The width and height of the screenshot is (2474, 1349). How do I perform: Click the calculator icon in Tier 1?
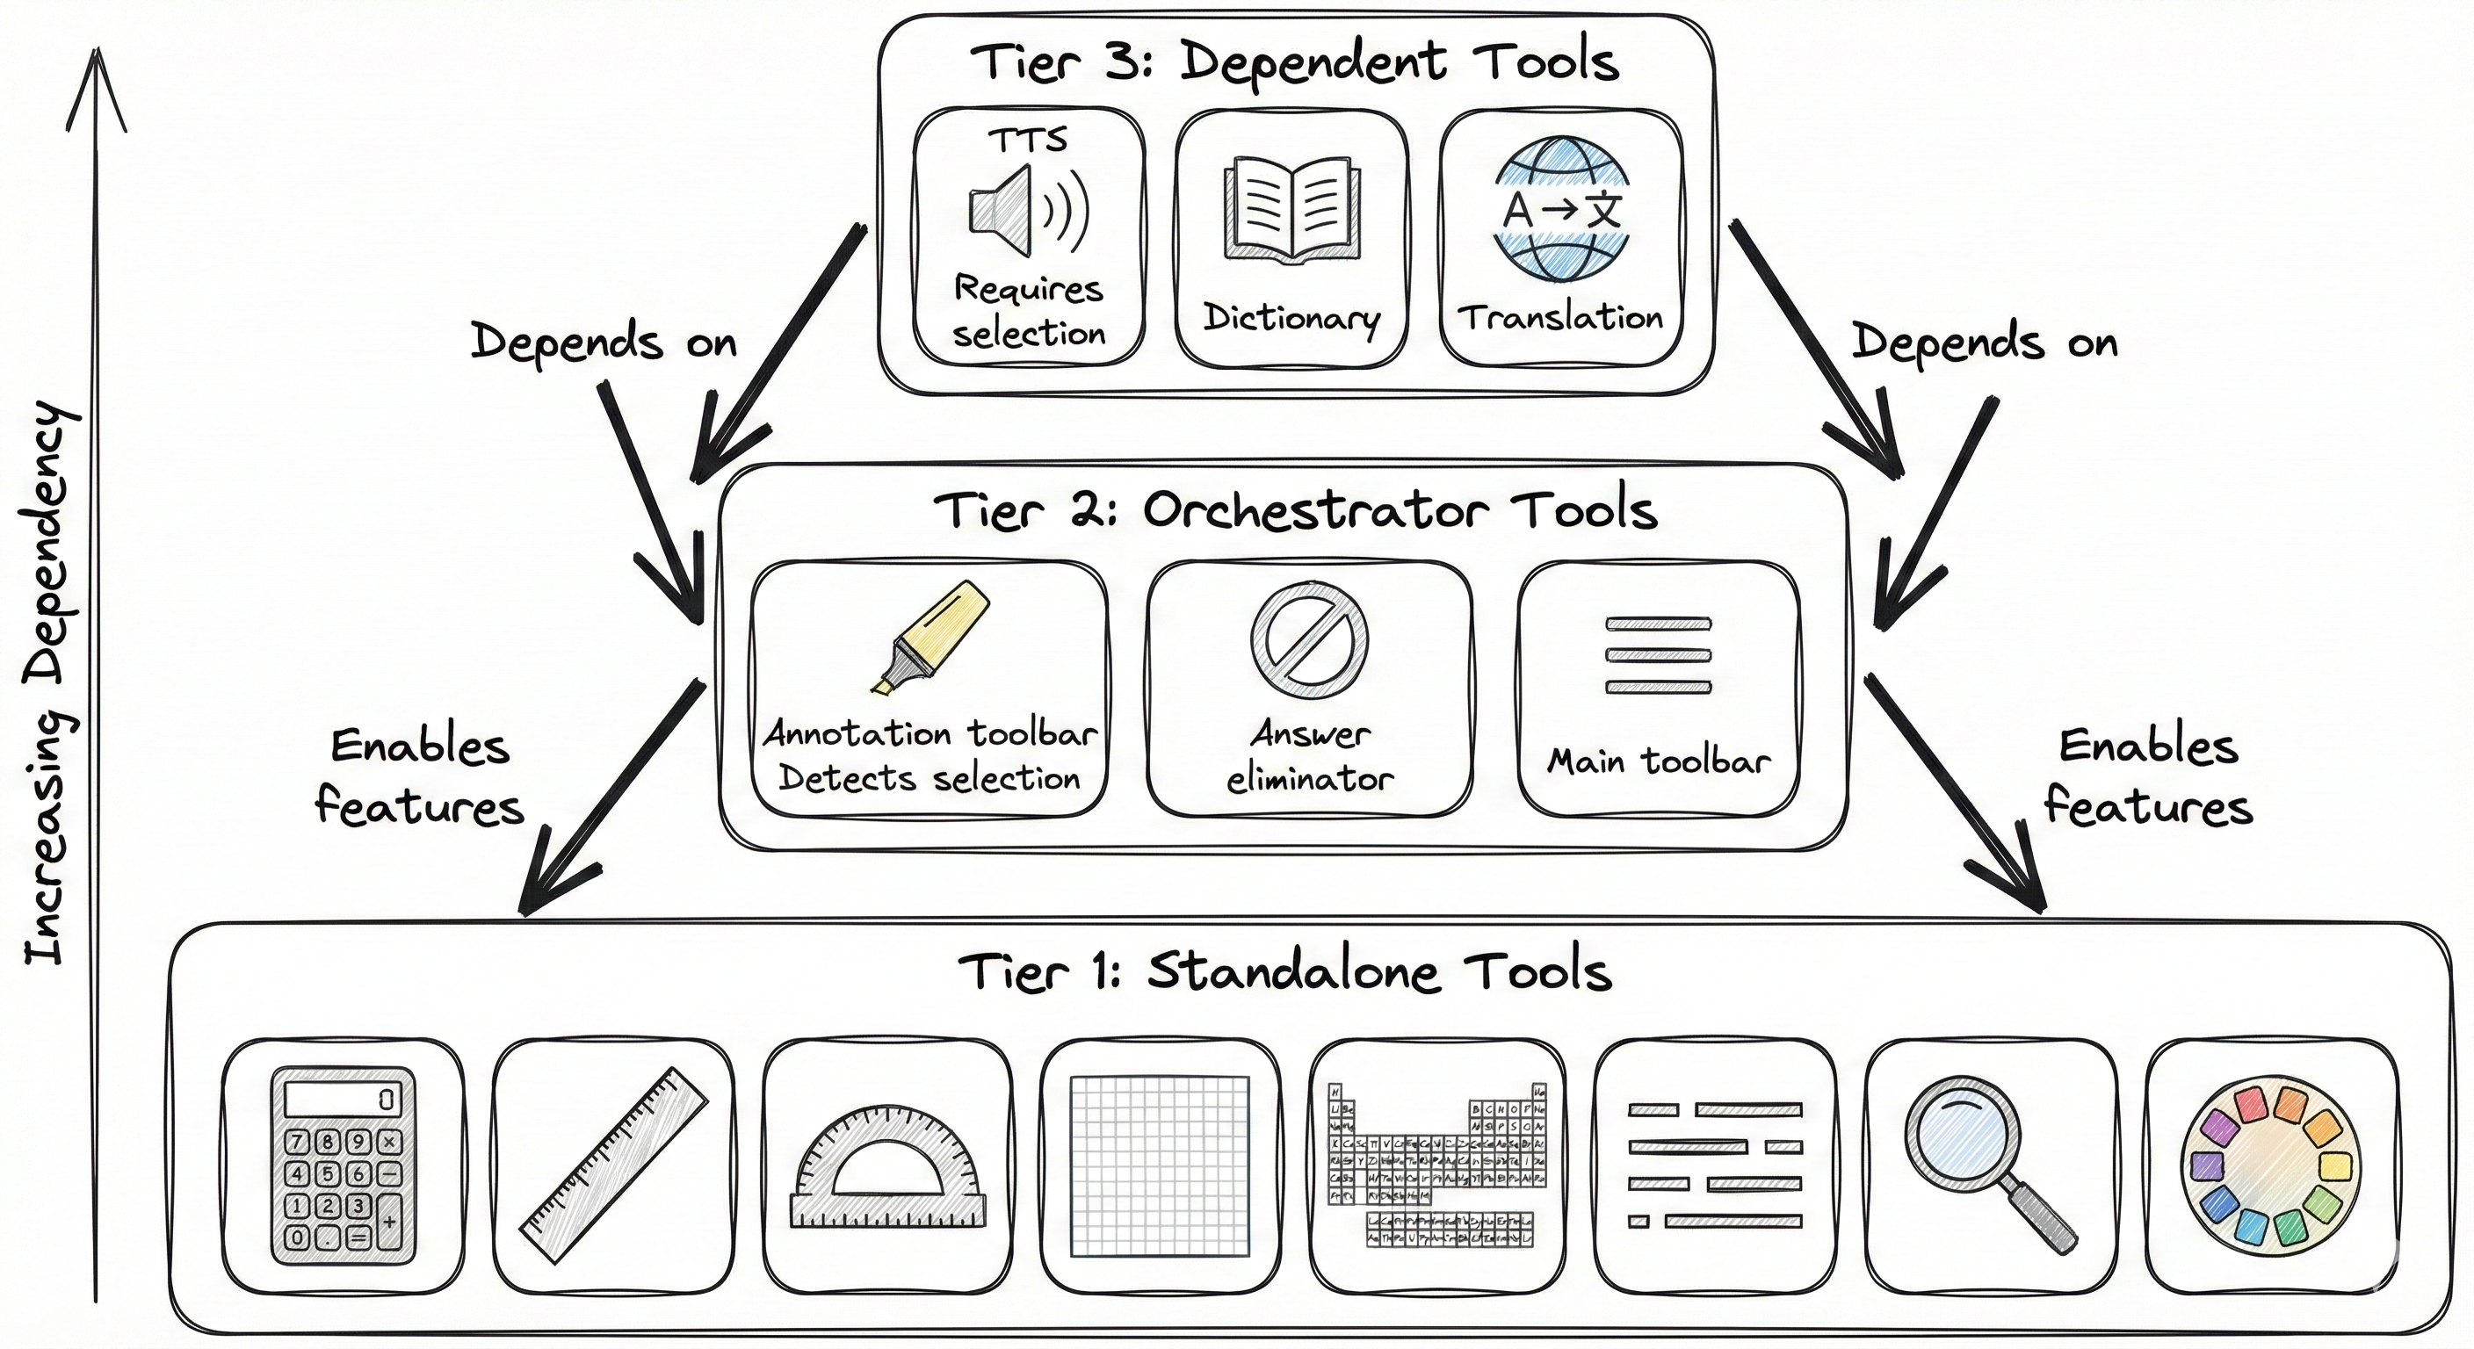tap(343, 1165)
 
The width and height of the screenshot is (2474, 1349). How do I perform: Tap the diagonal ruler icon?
tap(612, 1165)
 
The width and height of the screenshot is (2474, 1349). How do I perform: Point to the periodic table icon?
tap(1436, 1165)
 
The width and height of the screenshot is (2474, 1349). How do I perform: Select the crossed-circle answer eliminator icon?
tap(1309, 638)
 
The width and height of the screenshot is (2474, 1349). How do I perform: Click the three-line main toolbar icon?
tap(1658, 656)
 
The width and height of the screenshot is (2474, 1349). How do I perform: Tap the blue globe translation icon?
tap(1561, 208)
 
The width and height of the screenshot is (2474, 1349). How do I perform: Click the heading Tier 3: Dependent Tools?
tap(1293, 61)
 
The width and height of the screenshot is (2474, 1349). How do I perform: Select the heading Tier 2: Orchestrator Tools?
tap(1295, 510)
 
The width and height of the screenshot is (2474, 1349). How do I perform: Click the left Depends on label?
tap(604, 343)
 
